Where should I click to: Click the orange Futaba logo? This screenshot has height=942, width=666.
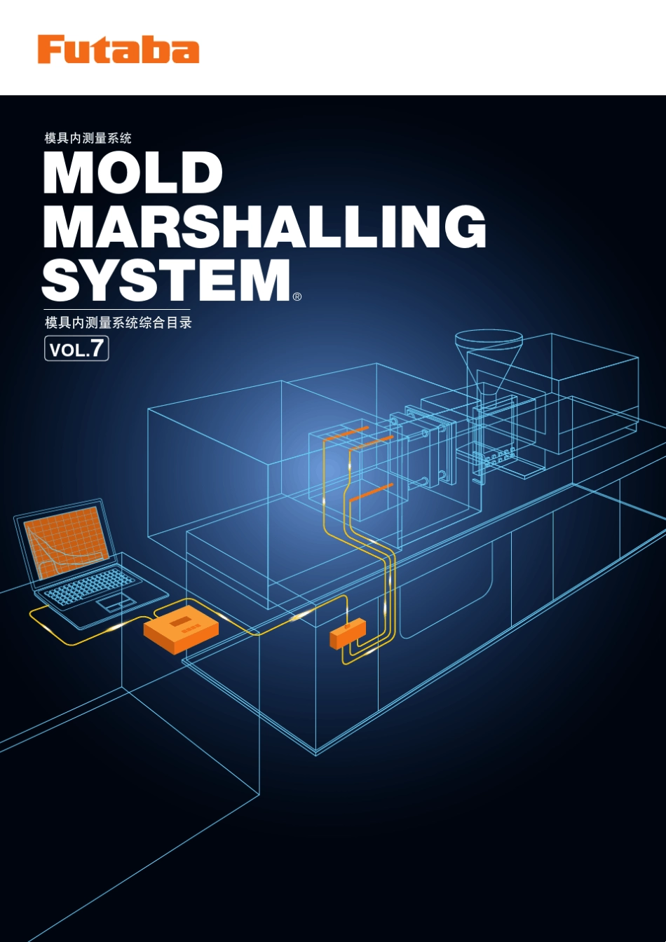click(x=118, y=49)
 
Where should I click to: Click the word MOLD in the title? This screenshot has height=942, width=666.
click(x=133, y=173)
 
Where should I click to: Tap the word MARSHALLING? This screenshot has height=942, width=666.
click(x=264, y=226)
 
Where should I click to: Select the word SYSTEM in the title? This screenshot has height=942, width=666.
click(x=167, y=280)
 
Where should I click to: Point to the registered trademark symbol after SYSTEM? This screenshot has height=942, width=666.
click(x=297, y=296)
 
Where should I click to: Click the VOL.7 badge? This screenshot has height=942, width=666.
click(x=76, y=348)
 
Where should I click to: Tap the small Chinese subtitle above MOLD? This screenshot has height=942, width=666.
click(x=88, y=138)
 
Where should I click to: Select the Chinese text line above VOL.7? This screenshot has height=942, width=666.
click(x=118, y=322)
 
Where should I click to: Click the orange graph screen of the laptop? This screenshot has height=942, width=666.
click(x=66, y=542)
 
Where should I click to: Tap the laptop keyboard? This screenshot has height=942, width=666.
click(x=90, y=585)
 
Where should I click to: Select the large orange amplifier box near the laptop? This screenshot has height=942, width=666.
click(x=181, y=629)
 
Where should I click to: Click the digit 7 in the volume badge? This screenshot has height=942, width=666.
click(x=97, y=348)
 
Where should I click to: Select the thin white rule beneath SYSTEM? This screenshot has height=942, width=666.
click(x=116, y=310)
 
